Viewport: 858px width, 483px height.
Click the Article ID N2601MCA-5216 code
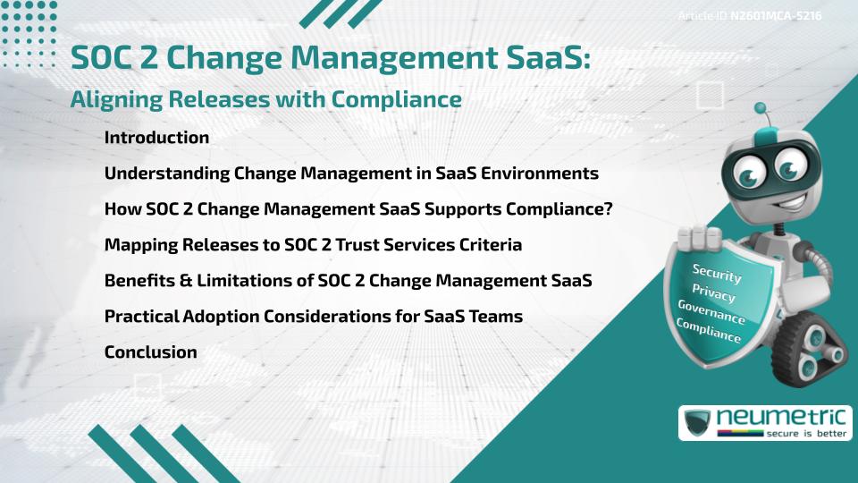pos(776,16)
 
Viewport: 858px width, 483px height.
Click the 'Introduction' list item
pos(156,138)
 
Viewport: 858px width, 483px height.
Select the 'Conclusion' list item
pos(150,352)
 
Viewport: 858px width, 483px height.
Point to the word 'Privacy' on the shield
pos(714,292)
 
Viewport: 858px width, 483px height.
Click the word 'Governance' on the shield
pos(711,312)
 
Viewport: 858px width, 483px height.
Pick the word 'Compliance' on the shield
pos(708,331)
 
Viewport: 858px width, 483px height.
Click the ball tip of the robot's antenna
pos(761,109)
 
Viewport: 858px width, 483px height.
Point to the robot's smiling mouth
pos(773,205)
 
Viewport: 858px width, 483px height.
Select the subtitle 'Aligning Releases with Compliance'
pos(265,100)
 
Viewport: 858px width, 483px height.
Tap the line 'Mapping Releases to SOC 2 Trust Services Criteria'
pos(313,245)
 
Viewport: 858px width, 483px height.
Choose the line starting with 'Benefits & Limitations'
pos(349,281)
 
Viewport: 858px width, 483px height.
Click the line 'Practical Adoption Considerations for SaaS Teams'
pos(313,317)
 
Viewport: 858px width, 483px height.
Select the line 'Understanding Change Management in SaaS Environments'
pos(351,174)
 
